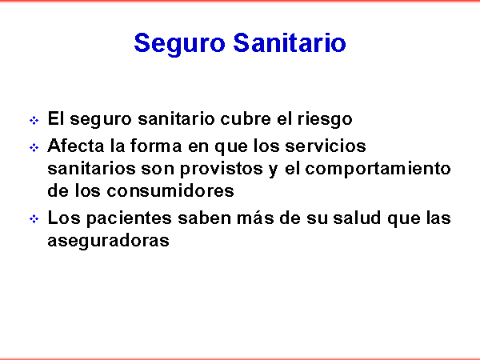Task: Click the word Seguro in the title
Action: [x=180, y=44]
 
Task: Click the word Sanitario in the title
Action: [x=290, y=42]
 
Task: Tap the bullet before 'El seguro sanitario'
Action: [x=34, y=120]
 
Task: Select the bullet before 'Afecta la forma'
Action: [x=34, y=148]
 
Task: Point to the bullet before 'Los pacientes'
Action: [x=34, y=219]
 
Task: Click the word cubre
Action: [x=246, y=118]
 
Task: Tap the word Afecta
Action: [x=76, y=146]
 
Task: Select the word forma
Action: [x=156, y=146]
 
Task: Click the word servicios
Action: [x=326, y=146]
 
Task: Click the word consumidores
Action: [x=170, y=191]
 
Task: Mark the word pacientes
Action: [x=129, y=219]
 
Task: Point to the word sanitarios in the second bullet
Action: [x=91, y=168]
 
